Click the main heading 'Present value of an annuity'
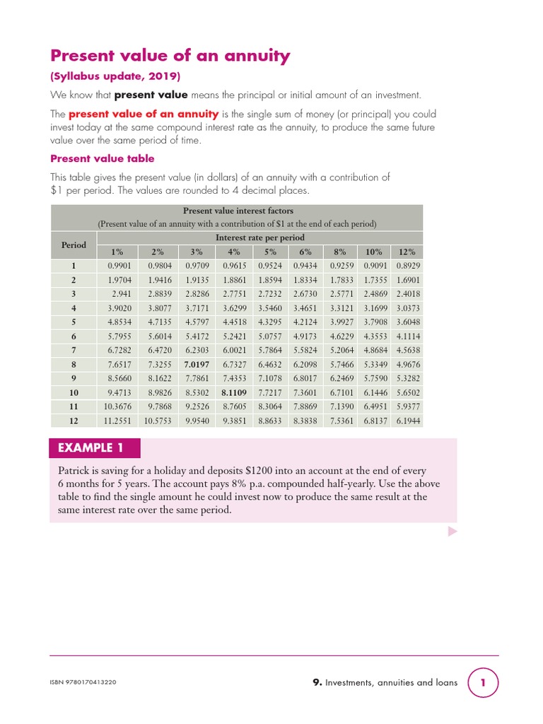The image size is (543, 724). (x=170, y=56)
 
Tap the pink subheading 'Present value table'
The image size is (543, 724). (x=102, y=158)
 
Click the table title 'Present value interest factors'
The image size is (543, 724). (x=238, y=211)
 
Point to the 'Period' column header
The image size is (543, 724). (x=74, y=245)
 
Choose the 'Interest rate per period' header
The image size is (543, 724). (x=259, y=238)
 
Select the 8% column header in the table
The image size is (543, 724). (x=340, y=252)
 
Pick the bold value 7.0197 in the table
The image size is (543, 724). (x=197, y=364)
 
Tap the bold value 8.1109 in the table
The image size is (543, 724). (x=234, y=392)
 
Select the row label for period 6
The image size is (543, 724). (x=74, y=336)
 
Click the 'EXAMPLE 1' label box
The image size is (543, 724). (x=95, y=448)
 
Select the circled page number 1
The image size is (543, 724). (x=484, y=683)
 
